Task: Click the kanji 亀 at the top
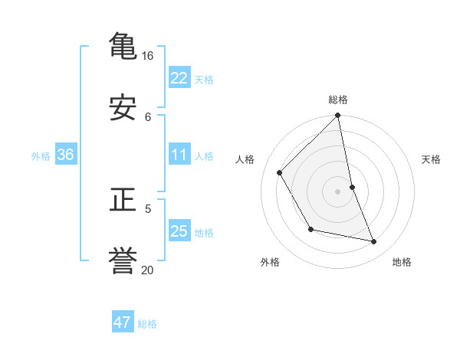123,45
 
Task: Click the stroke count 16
147,56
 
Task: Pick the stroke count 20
147,270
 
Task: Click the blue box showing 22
179,77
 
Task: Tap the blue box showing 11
179,155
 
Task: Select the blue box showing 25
179,231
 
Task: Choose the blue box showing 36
66,155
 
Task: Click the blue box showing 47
123,322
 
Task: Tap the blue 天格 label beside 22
204,79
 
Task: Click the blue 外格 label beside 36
41,156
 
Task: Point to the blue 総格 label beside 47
147,324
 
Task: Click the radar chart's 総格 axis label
338,100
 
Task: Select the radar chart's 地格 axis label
402,262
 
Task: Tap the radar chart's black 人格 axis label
245,159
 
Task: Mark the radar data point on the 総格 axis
338,116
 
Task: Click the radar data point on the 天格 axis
353,187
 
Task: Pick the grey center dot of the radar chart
338,191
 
